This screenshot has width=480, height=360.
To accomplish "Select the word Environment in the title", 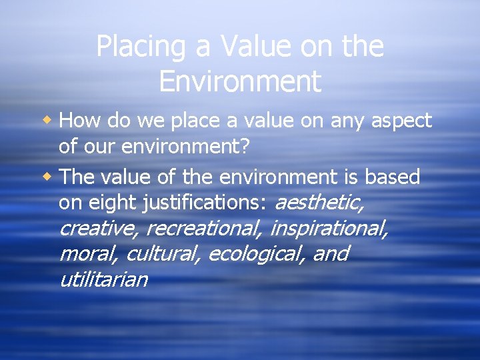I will tap(240, 81).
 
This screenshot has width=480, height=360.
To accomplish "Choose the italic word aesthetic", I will tap(320, 203).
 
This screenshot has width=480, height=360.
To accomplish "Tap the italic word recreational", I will tap(203, 229).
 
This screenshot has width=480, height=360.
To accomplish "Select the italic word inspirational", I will tap(329, 229).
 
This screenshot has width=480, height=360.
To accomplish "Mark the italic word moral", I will tap(89, 254).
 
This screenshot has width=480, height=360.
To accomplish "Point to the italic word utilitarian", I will tap(103, 279).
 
